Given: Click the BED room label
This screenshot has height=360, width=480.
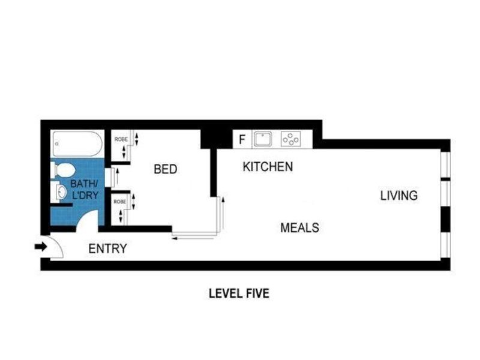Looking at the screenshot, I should pyautogui.click(x=166, y=169).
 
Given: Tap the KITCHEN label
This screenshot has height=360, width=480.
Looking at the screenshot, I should pyautogui.click(x=268, y=167).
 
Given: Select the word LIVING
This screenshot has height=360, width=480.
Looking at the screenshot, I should pyautogui.click(x=398, y=196).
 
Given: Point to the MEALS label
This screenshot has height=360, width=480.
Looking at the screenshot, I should pyautogui.click(x=299, y=228).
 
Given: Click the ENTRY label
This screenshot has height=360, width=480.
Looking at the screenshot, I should pyautogui.click(x=107, y=249).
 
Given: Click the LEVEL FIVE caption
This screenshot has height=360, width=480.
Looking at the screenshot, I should pyautogui.click(x=238, y=293).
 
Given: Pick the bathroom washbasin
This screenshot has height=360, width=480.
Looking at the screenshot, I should pyautogui.click(x=61, y=192).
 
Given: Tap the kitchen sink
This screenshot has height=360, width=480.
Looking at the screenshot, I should pyautogui.click(x=262, y=140).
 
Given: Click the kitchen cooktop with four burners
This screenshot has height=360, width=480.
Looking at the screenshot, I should pyautogui.click(x=290, y=140).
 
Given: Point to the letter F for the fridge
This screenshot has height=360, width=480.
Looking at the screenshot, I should pyautogui.click(x=242, y=140).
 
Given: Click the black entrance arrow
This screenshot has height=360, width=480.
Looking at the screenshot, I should pyautogui.click(x=41, y=247).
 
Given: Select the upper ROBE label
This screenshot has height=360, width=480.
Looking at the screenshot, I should pyautogui.click(x=121, y=139).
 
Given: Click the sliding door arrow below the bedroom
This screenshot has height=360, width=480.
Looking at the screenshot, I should pyautogui.click(x=192, y=239).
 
